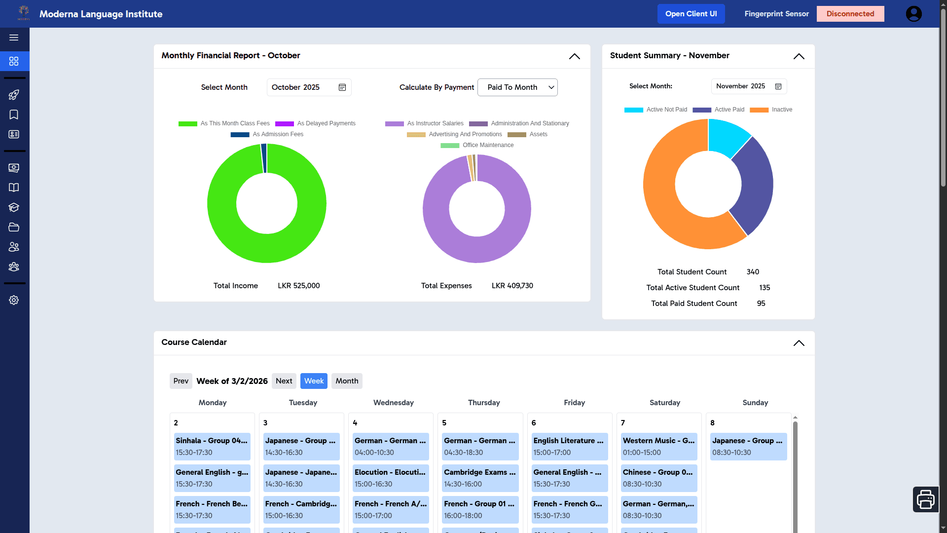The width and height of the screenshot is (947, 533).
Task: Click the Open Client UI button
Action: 691,14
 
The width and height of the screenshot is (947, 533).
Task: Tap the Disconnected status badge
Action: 850,14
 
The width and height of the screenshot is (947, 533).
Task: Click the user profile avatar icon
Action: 913,14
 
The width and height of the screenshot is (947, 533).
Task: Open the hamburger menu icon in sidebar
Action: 14,38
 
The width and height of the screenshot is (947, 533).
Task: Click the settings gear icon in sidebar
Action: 14,300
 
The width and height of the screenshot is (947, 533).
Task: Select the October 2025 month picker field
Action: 309,87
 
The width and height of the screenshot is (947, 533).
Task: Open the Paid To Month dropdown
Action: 517,87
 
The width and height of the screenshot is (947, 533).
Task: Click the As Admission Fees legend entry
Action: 267,134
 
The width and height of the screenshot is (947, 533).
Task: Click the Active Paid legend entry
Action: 719,110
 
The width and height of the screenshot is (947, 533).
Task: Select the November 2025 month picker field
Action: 748,86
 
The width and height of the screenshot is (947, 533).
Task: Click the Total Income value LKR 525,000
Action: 298,286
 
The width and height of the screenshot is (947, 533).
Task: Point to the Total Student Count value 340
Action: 753,272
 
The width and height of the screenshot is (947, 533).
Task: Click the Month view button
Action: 347,381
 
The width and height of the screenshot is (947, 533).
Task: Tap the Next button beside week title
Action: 284,381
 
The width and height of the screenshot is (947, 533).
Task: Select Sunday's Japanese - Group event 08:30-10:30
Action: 748,446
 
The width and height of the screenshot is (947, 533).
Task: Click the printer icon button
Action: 925,499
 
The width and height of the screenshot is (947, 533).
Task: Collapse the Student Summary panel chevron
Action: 799,56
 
